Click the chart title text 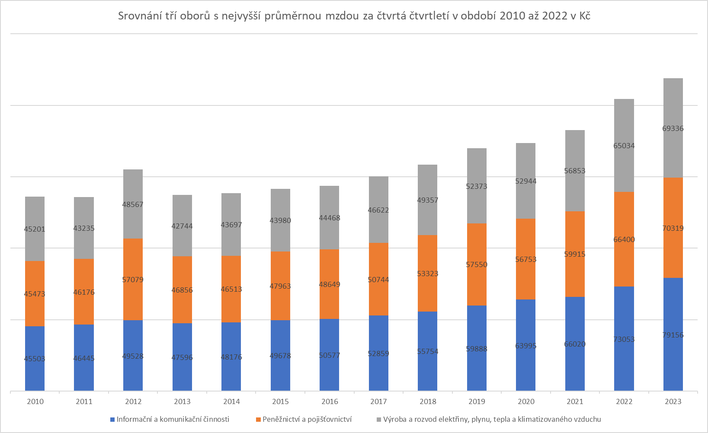[x=354, y=16]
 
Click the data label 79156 [x=673, y=335]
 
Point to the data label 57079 [x=133, y=280]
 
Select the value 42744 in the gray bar [x=182, y=226]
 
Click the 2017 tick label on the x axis [x=378, y=401]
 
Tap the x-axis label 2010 [x=35, y=401]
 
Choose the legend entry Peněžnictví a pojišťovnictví [x=307, y=419]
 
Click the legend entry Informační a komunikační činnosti [x=173, y=419]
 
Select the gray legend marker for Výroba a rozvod [x=379, y=420]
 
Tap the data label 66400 [x=624, y=239]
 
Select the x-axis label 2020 [x=526, y=401]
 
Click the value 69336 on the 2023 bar [x=673, y=128]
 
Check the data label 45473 [x=35, y=294]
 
